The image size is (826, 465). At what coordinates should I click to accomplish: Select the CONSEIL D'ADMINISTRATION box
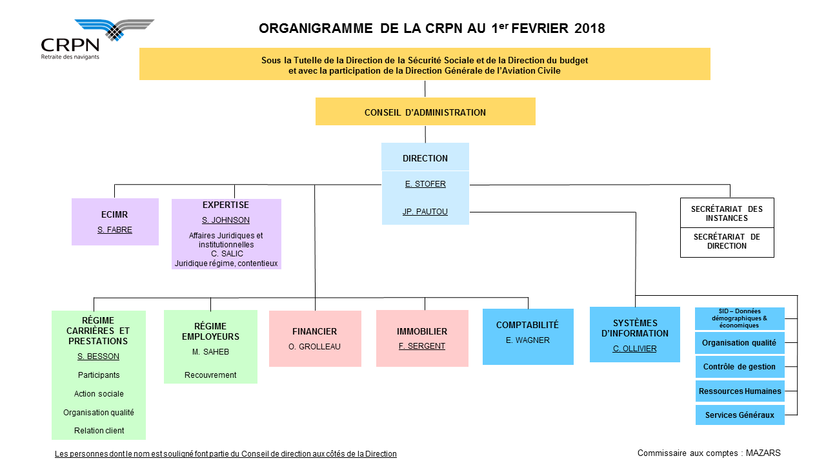click(425, 112)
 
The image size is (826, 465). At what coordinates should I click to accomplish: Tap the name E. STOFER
click(425, 184)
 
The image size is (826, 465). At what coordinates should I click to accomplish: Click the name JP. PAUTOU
click(425, 211)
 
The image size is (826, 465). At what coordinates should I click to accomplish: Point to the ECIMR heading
click(114, 214)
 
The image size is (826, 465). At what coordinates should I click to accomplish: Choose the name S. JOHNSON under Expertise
click(226, 220)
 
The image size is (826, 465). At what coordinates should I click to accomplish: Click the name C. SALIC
click(227, 254)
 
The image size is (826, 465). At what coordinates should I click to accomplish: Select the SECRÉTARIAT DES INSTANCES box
click(727, 213)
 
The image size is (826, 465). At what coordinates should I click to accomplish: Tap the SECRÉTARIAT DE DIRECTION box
click(727, 242)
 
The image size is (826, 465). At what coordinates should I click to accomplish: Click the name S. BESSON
click(98, 356)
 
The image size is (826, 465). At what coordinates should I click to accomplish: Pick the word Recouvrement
click(210, 375)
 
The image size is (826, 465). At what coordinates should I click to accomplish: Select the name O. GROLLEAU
click(314, 347)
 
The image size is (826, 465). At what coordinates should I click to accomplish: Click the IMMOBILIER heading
click(422, 331)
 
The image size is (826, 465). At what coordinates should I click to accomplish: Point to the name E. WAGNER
click(528, 340)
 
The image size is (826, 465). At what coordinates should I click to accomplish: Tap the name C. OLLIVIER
click(634, 348)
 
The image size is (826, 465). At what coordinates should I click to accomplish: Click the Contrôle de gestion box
click(740, 367)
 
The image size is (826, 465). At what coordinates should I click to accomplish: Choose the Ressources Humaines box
click(740, 391)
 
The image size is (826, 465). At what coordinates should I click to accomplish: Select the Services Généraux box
click(740, 415)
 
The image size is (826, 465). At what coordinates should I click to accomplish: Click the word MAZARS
click(763, 453)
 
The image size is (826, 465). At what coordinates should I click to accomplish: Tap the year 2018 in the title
click(589, 28)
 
